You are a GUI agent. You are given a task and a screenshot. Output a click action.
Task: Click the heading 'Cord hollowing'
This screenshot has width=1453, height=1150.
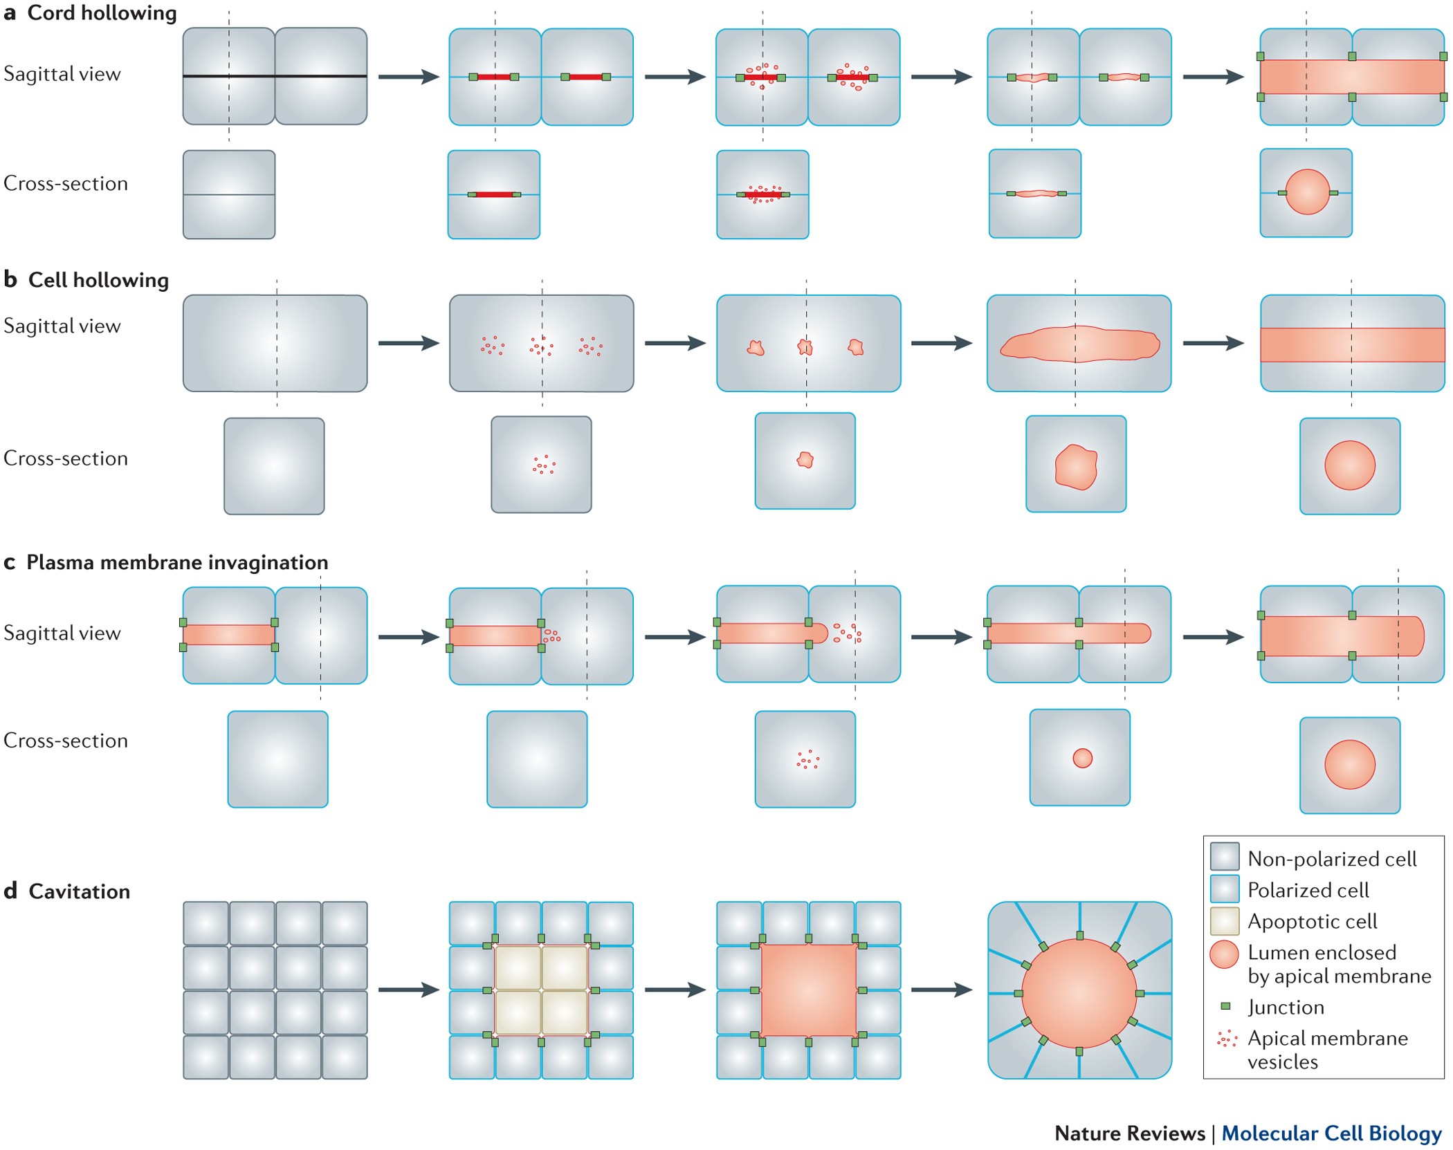(102, 13)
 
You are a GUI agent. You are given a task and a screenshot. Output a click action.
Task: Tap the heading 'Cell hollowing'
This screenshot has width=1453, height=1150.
(98, 280)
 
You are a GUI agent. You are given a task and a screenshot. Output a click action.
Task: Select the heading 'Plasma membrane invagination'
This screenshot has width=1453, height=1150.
(177, 562)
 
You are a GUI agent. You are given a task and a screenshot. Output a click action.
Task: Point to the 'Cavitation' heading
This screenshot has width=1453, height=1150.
(79, 891)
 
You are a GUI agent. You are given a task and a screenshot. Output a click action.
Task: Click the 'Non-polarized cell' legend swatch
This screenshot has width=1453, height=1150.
(1224, 857)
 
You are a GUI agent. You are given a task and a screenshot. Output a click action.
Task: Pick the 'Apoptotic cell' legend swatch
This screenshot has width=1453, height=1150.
(1224, 920)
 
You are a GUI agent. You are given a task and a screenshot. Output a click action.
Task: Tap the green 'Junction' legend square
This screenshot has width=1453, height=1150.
(1225, 1006)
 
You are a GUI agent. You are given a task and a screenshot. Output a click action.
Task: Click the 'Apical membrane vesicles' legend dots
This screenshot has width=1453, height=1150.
(1227, 1039)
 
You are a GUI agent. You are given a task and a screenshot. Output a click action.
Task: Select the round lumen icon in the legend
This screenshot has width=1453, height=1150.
(1224, 954)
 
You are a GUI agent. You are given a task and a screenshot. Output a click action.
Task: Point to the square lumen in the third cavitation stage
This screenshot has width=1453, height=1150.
(809, 990)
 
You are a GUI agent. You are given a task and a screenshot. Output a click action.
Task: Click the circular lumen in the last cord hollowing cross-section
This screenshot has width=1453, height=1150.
(1307, 192)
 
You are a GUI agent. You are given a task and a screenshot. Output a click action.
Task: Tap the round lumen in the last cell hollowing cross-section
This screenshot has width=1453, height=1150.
(1349, 465)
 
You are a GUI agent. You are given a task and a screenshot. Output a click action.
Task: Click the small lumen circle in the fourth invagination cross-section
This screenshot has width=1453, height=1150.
(1082, 759)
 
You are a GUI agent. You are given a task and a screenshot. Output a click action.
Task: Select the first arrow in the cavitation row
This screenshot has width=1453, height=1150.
(408, 990)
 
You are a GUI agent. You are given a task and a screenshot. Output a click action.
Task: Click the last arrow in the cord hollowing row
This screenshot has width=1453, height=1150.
(1213, 77)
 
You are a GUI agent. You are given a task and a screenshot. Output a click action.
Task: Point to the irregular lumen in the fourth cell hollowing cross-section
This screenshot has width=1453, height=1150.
(1076, 467)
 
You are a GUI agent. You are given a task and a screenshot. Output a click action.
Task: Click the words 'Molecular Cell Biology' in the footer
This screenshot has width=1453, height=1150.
(1331, 1133)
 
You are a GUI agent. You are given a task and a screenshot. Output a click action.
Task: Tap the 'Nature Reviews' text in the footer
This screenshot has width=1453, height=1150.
(1129, 1133)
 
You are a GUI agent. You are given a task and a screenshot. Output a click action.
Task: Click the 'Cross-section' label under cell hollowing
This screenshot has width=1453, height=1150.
(66, 458)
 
